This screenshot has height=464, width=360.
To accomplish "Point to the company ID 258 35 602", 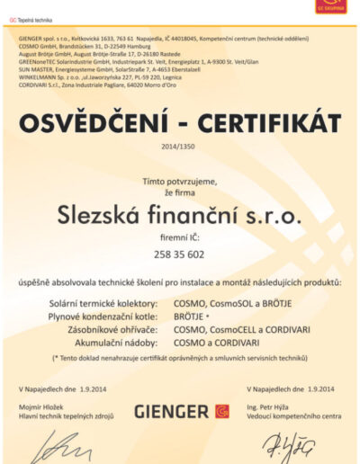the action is click(180, 257).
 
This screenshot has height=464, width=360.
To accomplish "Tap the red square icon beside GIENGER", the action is click(221, 411).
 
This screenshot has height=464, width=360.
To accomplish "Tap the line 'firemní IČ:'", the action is click(180, 242).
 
